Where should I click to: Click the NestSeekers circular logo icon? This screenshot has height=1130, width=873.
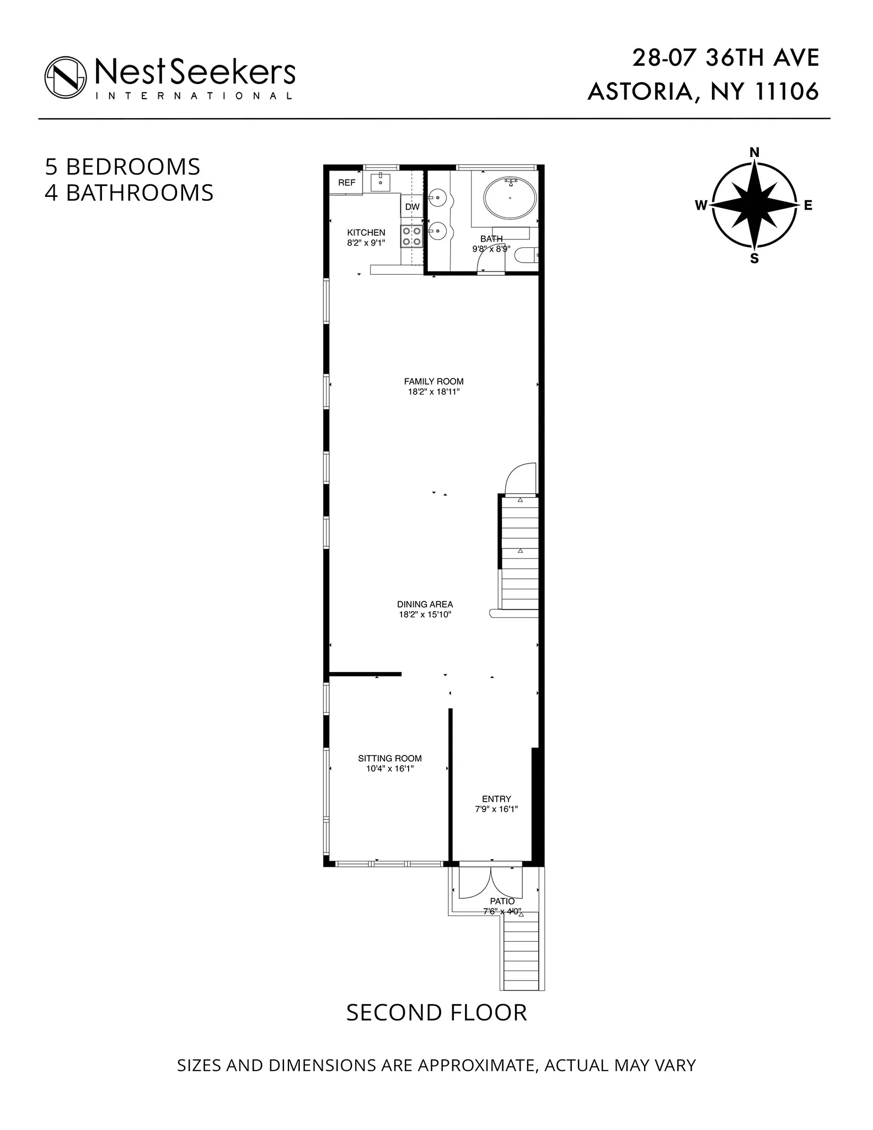click(x=66, y=77)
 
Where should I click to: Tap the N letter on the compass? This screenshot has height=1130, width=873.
click(x=754, y=152)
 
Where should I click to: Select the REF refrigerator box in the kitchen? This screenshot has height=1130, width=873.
click(x=347, y=183)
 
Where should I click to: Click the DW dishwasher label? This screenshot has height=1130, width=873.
click(x=413, y=207)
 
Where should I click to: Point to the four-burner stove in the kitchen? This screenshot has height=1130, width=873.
click(x=412, y=236)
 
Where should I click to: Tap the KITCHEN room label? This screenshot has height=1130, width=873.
click(x=366, y=233)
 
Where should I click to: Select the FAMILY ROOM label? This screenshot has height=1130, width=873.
click(x=433, y=381)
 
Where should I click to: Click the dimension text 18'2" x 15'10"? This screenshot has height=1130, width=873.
click(x=425, y=615)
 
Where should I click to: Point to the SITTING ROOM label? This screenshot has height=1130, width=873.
click(x=390, y=758)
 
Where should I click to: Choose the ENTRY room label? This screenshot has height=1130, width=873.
click(x=496, y=798)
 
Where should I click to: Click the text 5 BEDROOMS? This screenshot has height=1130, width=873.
click(x=122, y=167)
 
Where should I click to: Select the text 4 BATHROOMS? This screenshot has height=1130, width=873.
click(x=129, y=193)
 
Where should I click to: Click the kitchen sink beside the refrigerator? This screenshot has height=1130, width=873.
click(x=381, y=181)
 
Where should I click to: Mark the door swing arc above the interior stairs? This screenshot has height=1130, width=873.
click(x=521, y=478)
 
